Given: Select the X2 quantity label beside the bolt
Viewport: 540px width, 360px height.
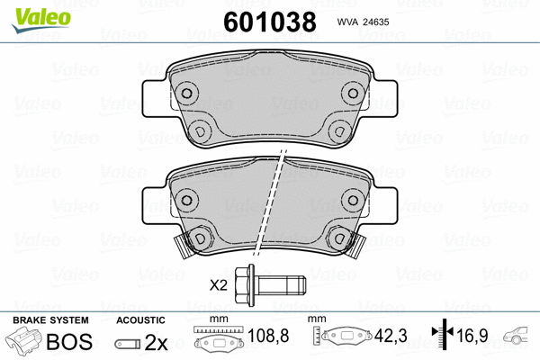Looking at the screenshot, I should (x=218, y=285).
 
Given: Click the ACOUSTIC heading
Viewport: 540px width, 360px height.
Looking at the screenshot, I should (x=141, y=320).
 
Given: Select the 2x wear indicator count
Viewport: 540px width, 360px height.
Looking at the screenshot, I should (x=157, y=344).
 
